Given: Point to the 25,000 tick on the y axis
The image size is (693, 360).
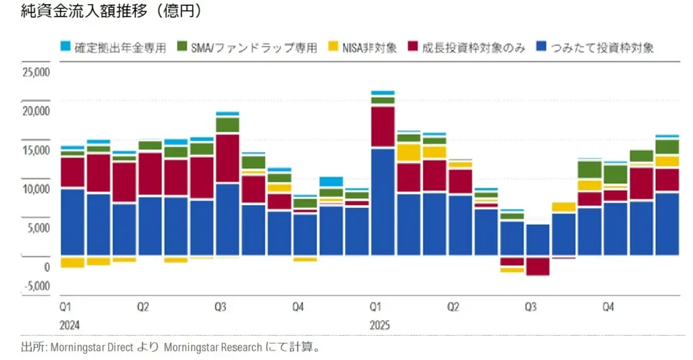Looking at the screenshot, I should [37, 72].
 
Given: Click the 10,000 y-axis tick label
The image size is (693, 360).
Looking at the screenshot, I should [37, 189].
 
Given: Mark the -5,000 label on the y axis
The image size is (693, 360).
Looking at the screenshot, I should [37, 286].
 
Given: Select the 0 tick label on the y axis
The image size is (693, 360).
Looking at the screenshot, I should [47, 267].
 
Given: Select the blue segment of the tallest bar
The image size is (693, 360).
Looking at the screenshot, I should [383, 202].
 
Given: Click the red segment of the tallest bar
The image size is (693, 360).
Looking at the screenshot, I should [383, 127].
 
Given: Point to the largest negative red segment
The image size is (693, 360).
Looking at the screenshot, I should [538, 266].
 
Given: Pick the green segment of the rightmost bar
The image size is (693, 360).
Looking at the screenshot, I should [667, 147].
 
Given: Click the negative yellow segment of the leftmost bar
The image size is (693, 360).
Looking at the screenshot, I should [72, 263].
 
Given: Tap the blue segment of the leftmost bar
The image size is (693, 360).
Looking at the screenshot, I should [72, 222].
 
